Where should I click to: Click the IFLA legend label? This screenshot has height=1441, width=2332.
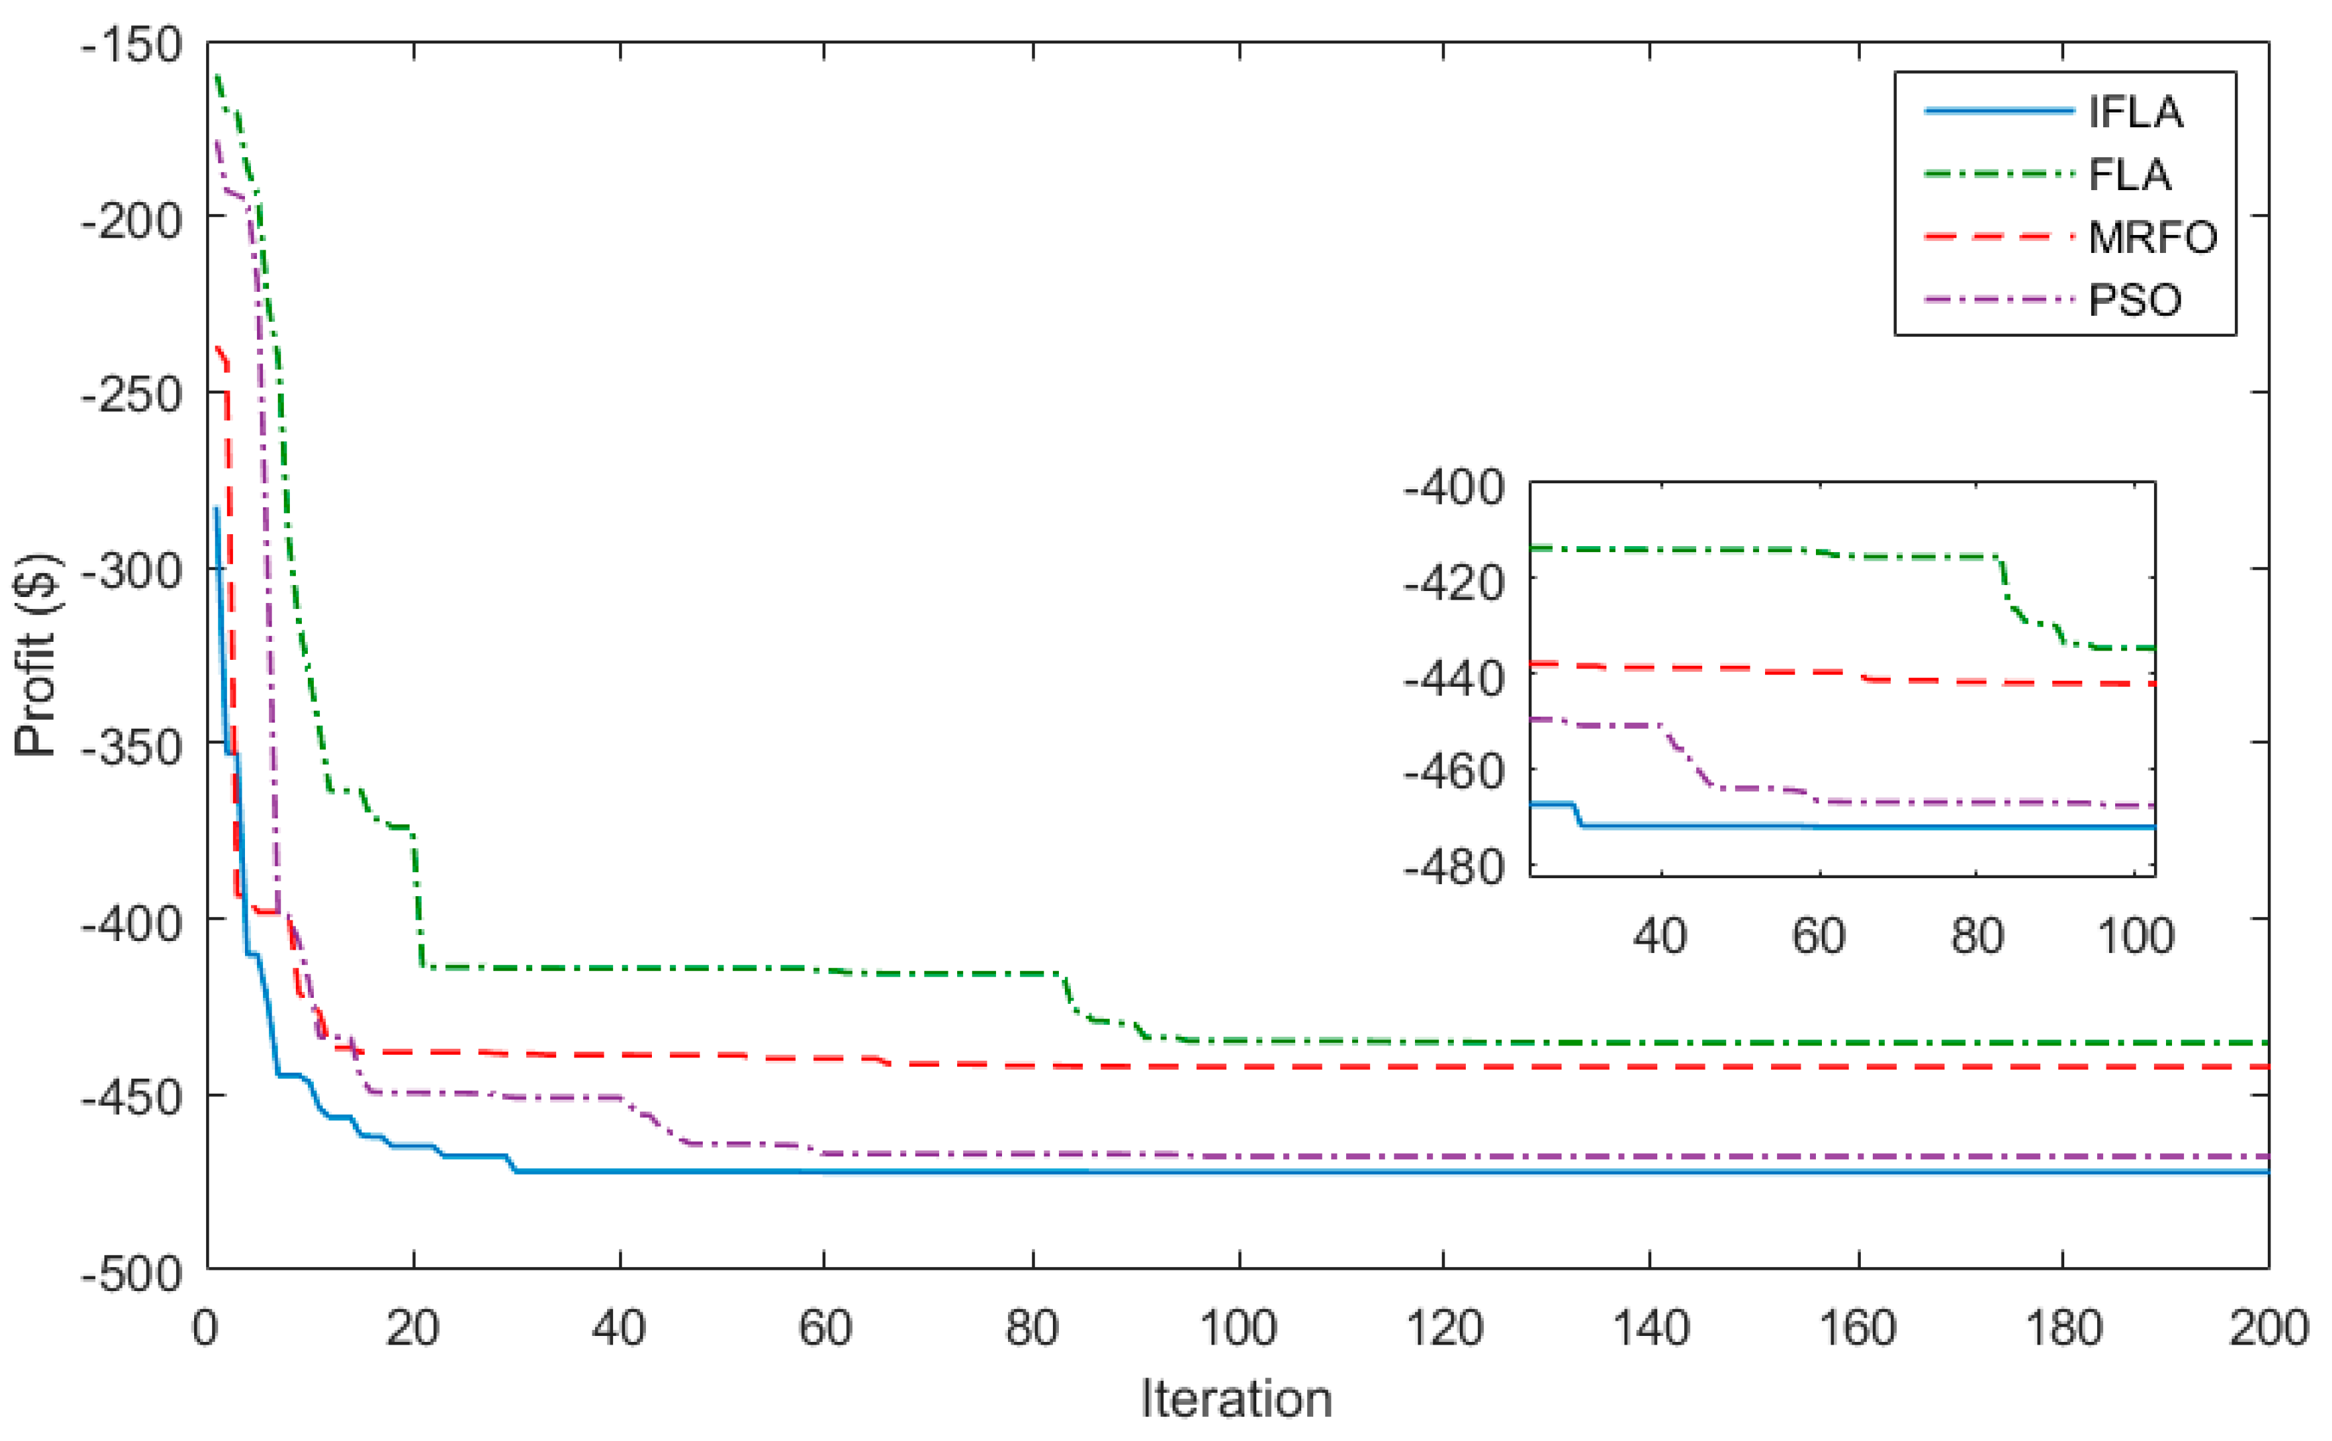[x=2135, y=112]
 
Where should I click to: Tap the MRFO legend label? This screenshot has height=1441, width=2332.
[x=2153, y=238]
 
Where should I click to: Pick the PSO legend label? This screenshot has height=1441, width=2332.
[x=2135, y=301]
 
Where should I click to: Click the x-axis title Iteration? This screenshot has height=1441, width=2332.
[x=1236, y=1399]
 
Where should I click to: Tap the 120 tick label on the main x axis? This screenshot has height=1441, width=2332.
[x=1444, y=1328]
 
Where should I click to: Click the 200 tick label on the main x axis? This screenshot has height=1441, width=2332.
[x=2268, y=1328]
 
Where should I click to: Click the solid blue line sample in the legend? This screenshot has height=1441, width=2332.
[x=1999, y=112]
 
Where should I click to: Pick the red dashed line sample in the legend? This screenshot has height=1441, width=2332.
[x=1999, y=236]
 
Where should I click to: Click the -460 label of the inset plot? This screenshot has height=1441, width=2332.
[x=1453, y=772]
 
